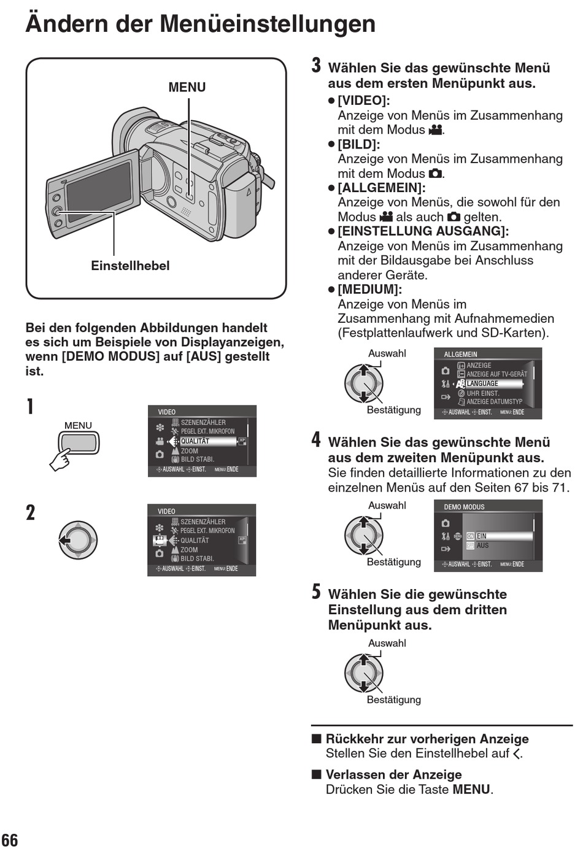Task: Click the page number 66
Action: pos(10,840)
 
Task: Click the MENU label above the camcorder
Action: pos(187,87)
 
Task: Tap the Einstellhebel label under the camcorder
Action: pos(130,266)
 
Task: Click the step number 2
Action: pos(31,513)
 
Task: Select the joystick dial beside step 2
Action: pos(78,540)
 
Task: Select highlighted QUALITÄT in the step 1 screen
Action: pos(195,441)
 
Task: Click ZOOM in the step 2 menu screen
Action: pos(189,550)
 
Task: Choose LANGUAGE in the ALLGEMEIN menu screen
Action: pos(482,383)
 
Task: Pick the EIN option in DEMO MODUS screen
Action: pos(482,536)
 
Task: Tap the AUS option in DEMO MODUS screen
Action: pos(482,545)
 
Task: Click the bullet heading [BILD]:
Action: pos(359,144)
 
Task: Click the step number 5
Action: pos(316,591)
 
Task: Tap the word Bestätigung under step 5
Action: pos(394,699)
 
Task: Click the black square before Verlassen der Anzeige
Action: pos(317,774)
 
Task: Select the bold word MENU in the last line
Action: pos(471,790)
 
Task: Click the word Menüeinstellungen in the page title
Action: pos(268,24)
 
